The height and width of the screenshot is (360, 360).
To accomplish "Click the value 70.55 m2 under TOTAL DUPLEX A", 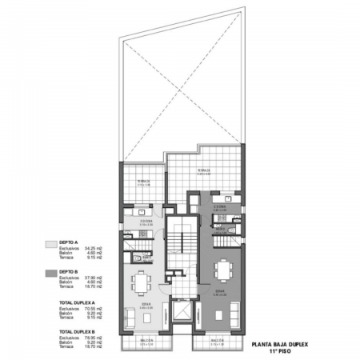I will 92,309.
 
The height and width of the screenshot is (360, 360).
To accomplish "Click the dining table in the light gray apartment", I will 141,280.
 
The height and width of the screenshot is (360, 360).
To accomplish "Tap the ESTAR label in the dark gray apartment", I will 220,291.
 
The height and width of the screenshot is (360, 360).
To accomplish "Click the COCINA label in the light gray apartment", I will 146,221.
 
